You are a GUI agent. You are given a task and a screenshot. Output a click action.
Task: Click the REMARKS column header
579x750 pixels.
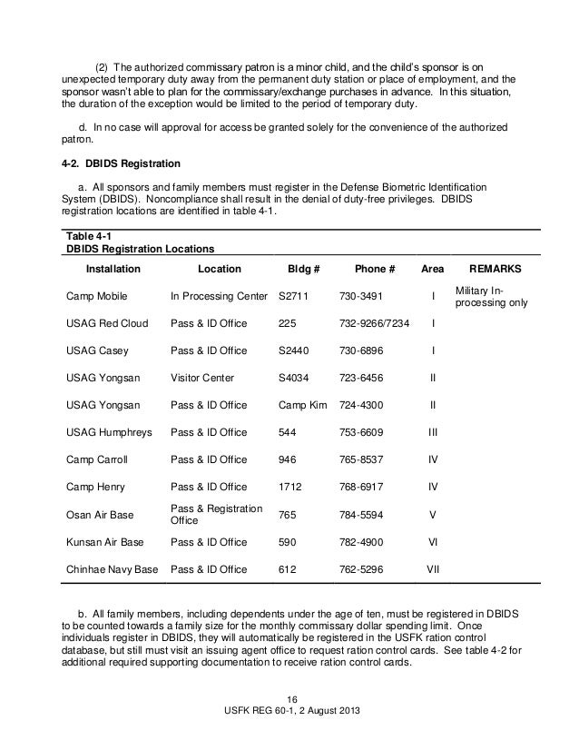click(495, 270)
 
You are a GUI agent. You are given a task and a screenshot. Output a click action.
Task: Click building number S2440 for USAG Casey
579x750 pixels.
click(295, 350)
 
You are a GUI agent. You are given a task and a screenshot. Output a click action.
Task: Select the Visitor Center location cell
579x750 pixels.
click(201, 378)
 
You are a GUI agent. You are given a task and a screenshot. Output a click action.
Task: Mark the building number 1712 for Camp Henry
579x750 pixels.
click(289, 487)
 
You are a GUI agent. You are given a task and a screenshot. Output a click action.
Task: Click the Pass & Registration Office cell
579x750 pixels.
click(216, 514)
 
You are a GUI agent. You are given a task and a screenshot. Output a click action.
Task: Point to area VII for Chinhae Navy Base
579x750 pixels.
click(433, 569)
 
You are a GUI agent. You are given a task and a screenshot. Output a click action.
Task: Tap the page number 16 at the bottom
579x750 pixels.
click(291, 698)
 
